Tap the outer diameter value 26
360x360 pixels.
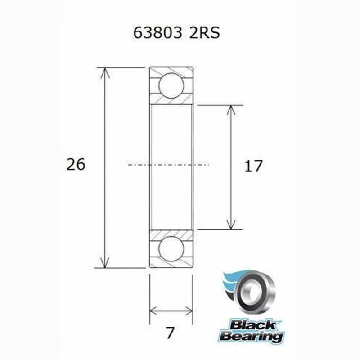point(75,165)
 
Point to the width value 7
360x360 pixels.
point(170,334)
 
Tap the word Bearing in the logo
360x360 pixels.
point(252,336)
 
